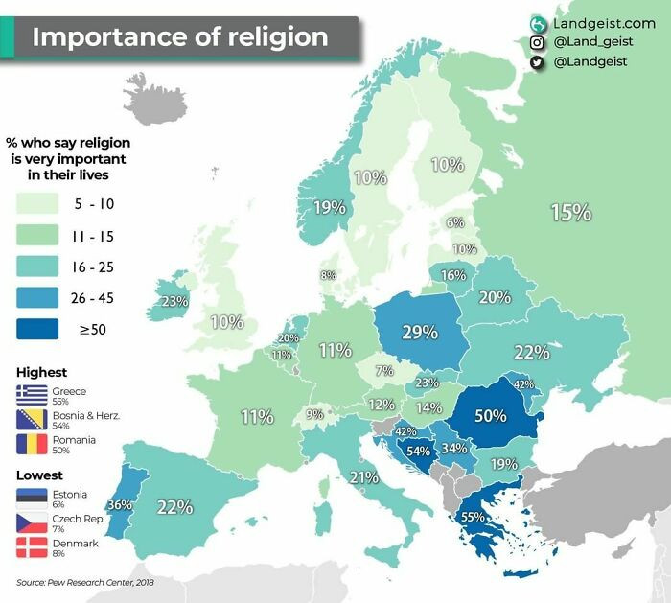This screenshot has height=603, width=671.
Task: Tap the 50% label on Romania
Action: point(490,416)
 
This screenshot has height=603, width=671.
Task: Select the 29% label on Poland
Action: point(419,332)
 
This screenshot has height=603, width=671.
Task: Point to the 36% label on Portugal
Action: point(120,504)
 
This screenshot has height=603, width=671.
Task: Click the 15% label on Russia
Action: point(570,212)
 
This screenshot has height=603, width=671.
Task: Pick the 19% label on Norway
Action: point(329,206)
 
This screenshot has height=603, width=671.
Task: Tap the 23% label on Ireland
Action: point(174,301)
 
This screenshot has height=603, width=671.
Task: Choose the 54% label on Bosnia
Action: point(418,451)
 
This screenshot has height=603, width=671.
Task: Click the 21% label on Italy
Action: point(363,477)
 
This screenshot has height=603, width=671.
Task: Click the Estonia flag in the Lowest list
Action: point(32,498)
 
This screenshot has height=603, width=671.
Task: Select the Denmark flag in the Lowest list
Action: point(32,547)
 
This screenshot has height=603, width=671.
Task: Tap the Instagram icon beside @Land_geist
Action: point(539,42)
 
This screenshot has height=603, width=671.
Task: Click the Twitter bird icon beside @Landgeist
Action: point(539,62)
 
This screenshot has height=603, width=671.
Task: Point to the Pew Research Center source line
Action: point(84,582)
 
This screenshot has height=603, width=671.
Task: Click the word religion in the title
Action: point(270,37)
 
